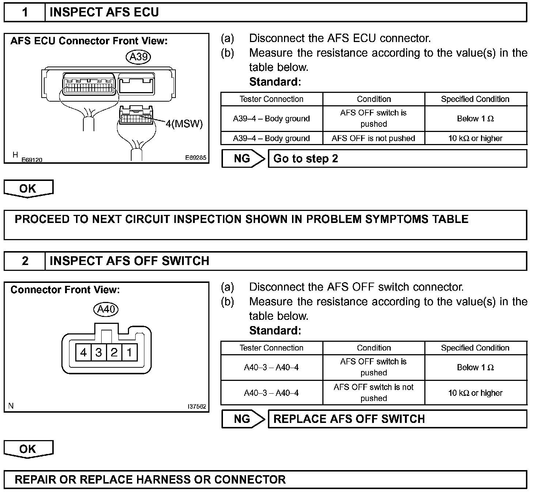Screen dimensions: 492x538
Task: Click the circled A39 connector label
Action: (139, 57)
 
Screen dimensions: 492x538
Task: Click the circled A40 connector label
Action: (106, 309)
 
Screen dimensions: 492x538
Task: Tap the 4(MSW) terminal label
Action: (184, 124)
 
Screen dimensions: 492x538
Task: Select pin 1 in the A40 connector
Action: (129, 352)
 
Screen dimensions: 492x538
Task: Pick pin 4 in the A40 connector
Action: (83, 352)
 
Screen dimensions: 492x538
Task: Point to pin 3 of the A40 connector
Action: (99, 352)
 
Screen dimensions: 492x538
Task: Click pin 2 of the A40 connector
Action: (114, 352)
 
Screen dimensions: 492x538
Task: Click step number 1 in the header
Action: (25, 12)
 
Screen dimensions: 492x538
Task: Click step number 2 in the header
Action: (25, 261)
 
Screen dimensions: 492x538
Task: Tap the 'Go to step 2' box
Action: (397, 159)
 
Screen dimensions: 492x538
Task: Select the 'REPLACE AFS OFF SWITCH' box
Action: (397, 419)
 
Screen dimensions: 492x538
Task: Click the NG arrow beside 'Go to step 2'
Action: (243, 159)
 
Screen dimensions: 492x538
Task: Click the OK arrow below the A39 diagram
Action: (28, 189)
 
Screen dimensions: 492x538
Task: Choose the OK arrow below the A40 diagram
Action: (28, 449)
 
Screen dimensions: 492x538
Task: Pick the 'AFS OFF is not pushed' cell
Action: (374, 138)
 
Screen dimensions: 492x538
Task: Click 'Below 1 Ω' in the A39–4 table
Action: (475, 118)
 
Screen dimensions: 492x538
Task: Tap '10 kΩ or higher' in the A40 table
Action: (475, 393)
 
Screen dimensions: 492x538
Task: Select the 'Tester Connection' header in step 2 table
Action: (271, 348)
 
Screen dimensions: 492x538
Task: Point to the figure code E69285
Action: (196, 158)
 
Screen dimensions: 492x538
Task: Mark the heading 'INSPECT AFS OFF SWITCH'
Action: (129, 261)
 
